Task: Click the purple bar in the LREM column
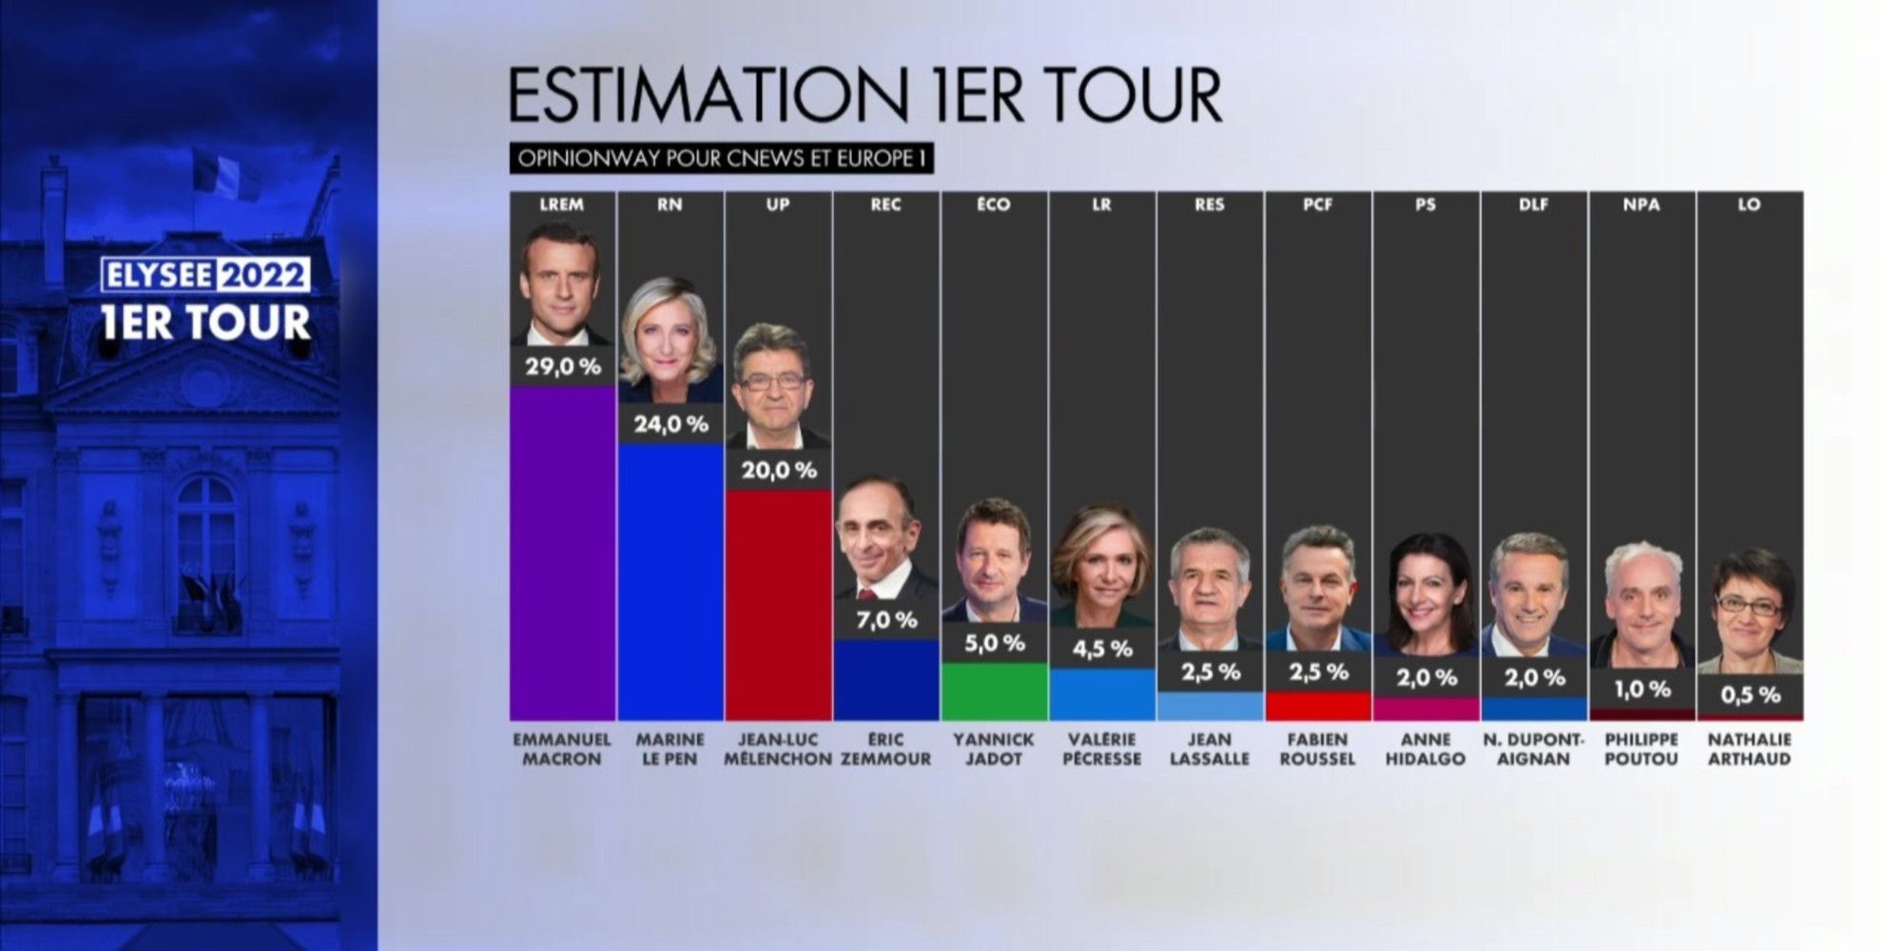click(x=562, y=552)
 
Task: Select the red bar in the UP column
click(x=778, y=605)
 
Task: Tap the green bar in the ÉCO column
click(x=994, y=691)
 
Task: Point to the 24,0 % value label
click(x=670, y=424)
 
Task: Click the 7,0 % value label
click(x=886, y=620)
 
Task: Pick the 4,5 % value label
click(x=1102, y=649)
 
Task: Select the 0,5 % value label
click(x=1750, y=695)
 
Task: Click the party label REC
click(x=885, y=204)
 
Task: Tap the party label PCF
click(x=1317, y=204)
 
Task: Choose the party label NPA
click(x=1641, y=204)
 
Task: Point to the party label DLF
click(x=1533, y=204)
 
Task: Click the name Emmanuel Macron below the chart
click(x=562, y=749)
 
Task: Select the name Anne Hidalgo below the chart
click(x=1426, y=749)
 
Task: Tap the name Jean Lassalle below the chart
click(x=1210, y=749)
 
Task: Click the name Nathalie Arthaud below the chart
click(x=1750, y=749)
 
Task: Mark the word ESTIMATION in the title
click(x=708, y=96)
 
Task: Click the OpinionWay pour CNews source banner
click(x=722, y=158)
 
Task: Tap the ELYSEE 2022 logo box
click(x=206, y=276)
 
